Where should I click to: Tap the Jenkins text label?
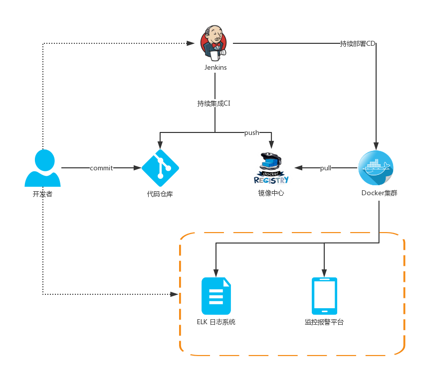pos(215,68)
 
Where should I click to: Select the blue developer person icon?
pos(42,168)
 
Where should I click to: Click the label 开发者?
pos(42,194)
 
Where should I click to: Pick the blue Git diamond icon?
pos(160,168)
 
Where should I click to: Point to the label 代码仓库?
pos(160,194)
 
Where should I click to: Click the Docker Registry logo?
pos(271,169)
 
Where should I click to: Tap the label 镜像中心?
pos(271,193)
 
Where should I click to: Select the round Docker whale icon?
pos(376,168)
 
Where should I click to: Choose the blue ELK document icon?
pos(216,296)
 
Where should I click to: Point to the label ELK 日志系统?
pos(216,322)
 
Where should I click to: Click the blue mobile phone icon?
pos(324,296)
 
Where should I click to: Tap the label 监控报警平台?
pos(324,322)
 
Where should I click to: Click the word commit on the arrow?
pos(101,168)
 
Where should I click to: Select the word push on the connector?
pos(251,133)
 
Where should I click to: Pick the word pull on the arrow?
pos(326,168)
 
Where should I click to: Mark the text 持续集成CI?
pos(213,104)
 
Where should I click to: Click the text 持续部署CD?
pos(357,44)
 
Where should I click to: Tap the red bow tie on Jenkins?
pos(216,45)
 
